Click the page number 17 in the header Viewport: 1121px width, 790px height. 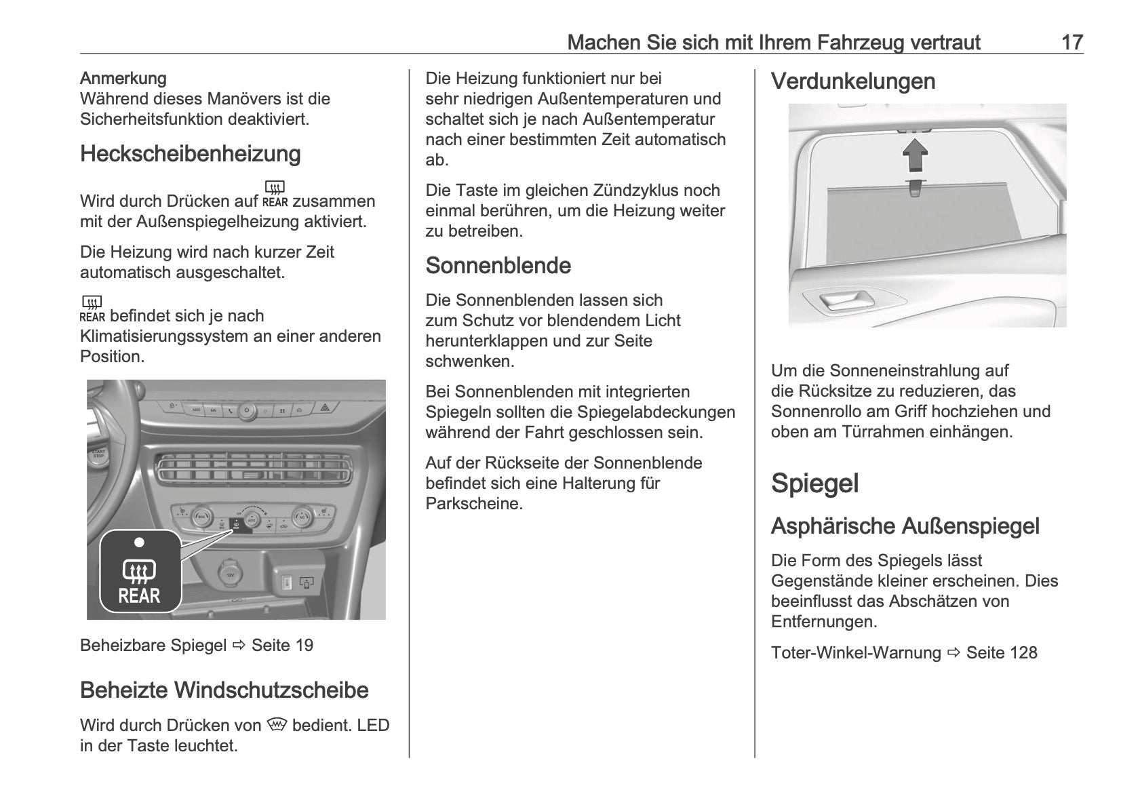click(x=1071, y=42)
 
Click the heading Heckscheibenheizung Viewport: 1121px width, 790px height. click(x=190, y=154)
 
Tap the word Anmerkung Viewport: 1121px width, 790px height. click(x=123, y=79)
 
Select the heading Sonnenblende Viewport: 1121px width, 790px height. click(x=498, y=265)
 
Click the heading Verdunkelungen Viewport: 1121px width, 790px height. click(x=852, y=81)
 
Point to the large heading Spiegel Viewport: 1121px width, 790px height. click(x=814, y=483)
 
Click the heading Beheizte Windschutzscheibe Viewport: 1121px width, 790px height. click(x=224, y=690)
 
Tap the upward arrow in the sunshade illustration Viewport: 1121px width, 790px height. click(x=915, y=155)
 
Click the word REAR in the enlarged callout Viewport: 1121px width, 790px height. click(x=139, y=596)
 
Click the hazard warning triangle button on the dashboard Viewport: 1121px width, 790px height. click(x=325, y=409)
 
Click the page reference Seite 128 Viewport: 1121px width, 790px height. click(x=1001, y=653)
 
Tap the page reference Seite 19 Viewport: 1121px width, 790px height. click(x=282, y=646)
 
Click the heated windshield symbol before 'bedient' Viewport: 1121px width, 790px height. click(x=277, y=725)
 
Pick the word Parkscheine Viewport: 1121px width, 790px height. click(x=474, y=504)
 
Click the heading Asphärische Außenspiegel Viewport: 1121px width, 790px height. click(x=905, y=526)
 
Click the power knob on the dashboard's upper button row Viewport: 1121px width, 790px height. click(x=246, y=409)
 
